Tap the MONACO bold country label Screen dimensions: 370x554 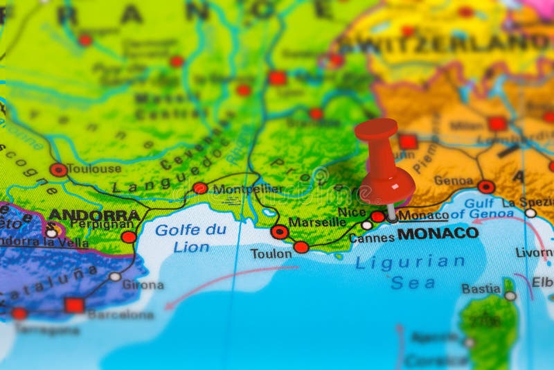point(438,234)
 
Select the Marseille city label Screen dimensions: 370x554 point(317,222)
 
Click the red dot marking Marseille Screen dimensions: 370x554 point(280,231)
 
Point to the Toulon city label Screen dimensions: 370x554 point(271,254)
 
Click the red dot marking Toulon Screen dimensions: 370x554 point(301,247)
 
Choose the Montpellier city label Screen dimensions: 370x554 point(248,189)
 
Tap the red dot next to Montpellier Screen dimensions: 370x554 point(200,188)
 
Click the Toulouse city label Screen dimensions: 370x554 point(94,168)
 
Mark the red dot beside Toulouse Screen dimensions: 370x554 point(58,170)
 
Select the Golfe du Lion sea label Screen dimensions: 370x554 point(190,238)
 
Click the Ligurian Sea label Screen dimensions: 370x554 point(411,272)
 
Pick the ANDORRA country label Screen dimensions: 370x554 point(94,215)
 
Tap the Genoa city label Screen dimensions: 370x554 point(454,181)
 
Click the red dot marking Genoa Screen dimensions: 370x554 point(486,186)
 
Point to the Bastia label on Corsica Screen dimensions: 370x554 point(481,289)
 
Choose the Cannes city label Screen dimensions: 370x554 point(371,238)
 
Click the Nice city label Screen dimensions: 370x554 point(352,213)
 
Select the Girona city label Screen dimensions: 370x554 point(143,285)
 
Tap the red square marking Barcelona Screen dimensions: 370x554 point(74,306)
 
